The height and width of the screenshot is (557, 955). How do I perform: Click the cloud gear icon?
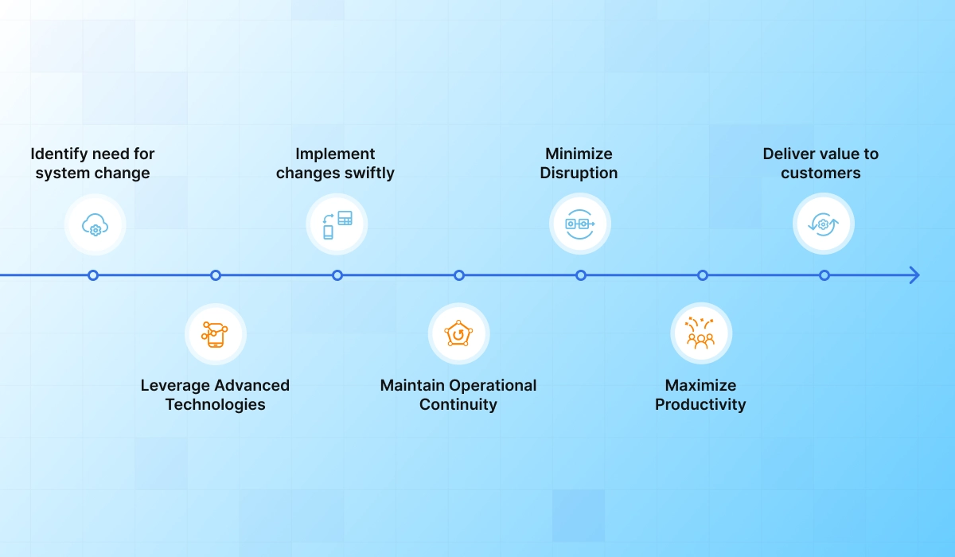95,224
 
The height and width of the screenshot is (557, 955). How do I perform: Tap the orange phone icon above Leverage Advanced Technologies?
214,334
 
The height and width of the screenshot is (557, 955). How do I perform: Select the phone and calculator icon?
337,224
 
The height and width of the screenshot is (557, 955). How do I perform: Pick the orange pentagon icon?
458,333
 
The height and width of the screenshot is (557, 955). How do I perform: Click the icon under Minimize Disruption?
580,224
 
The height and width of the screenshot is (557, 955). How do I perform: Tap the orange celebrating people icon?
701,333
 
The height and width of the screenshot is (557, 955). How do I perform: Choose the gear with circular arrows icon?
823,224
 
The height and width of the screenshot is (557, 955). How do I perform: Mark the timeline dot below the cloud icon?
93,275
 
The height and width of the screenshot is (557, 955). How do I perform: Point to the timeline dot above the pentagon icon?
458,275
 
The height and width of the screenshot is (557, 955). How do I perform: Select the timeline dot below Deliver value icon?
824,275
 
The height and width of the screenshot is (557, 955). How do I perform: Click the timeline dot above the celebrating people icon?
703,275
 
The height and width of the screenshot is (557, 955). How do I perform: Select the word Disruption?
579,173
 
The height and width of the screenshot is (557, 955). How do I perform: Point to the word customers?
821,173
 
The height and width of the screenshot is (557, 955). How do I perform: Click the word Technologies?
216,404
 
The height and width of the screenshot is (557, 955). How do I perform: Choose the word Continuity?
458,404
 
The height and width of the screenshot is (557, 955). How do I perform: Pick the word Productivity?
700,404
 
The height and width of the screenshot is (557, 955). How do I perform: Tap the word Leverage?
175,386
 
